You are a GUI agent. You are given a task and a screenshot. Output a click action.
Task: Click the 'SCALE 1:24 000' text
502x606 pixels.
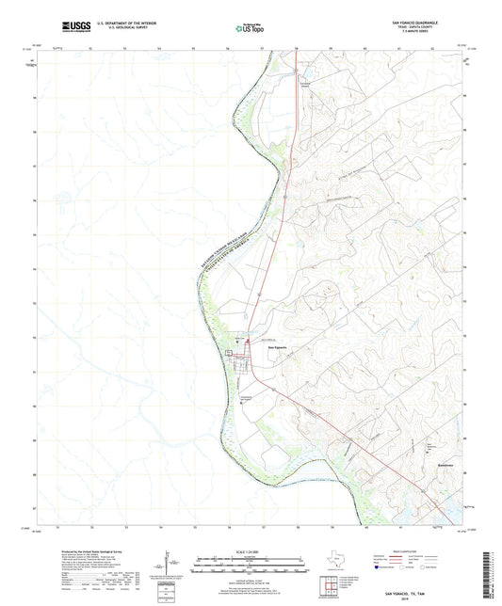pos(251,552)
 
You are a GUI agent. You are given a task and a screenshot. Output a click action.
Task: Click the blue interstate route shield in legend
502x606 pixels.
pos(381,568)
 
